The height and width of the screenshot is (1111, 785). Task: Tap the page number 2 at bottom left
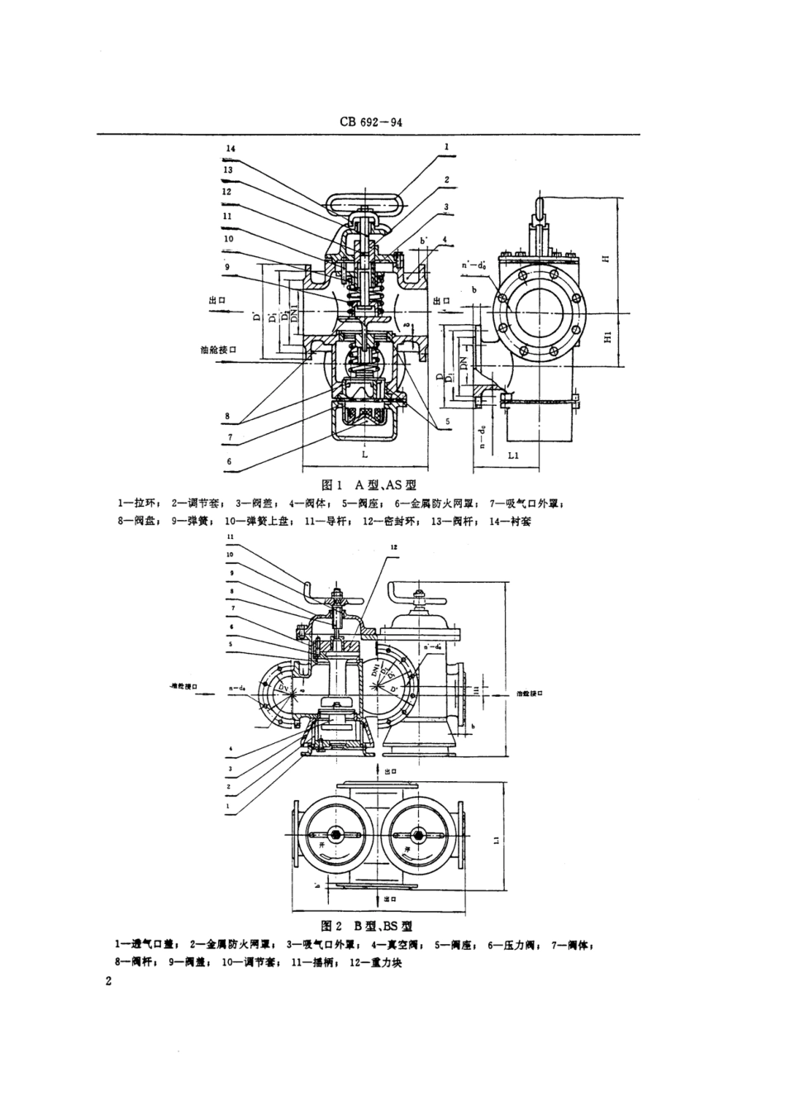(x=108, y=980)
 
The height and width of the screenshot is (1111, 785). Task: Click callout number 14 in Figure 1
(x=230, y=149)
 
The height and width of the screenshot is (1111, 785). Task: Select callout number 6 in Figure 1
(x=229, y=462)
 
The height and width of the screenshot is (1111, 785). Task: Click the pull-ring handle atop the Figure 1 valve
(x=364, y=202)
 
